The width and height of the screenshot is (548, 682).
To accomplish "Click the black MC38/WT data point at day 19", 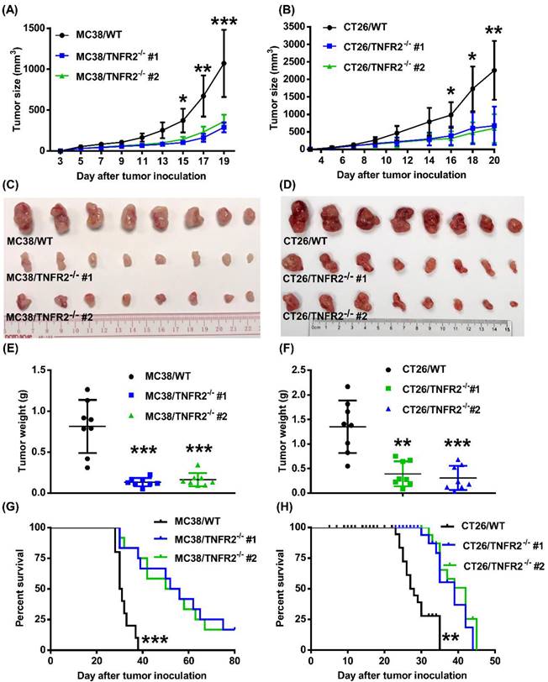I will click(x=224, y=63).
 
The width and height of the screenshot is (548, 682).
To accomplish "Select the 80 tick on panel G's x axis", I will click(x=235, y=661).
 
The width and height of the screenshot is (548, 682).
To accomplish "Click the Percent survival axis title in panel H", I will click(x=282, y=588).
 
